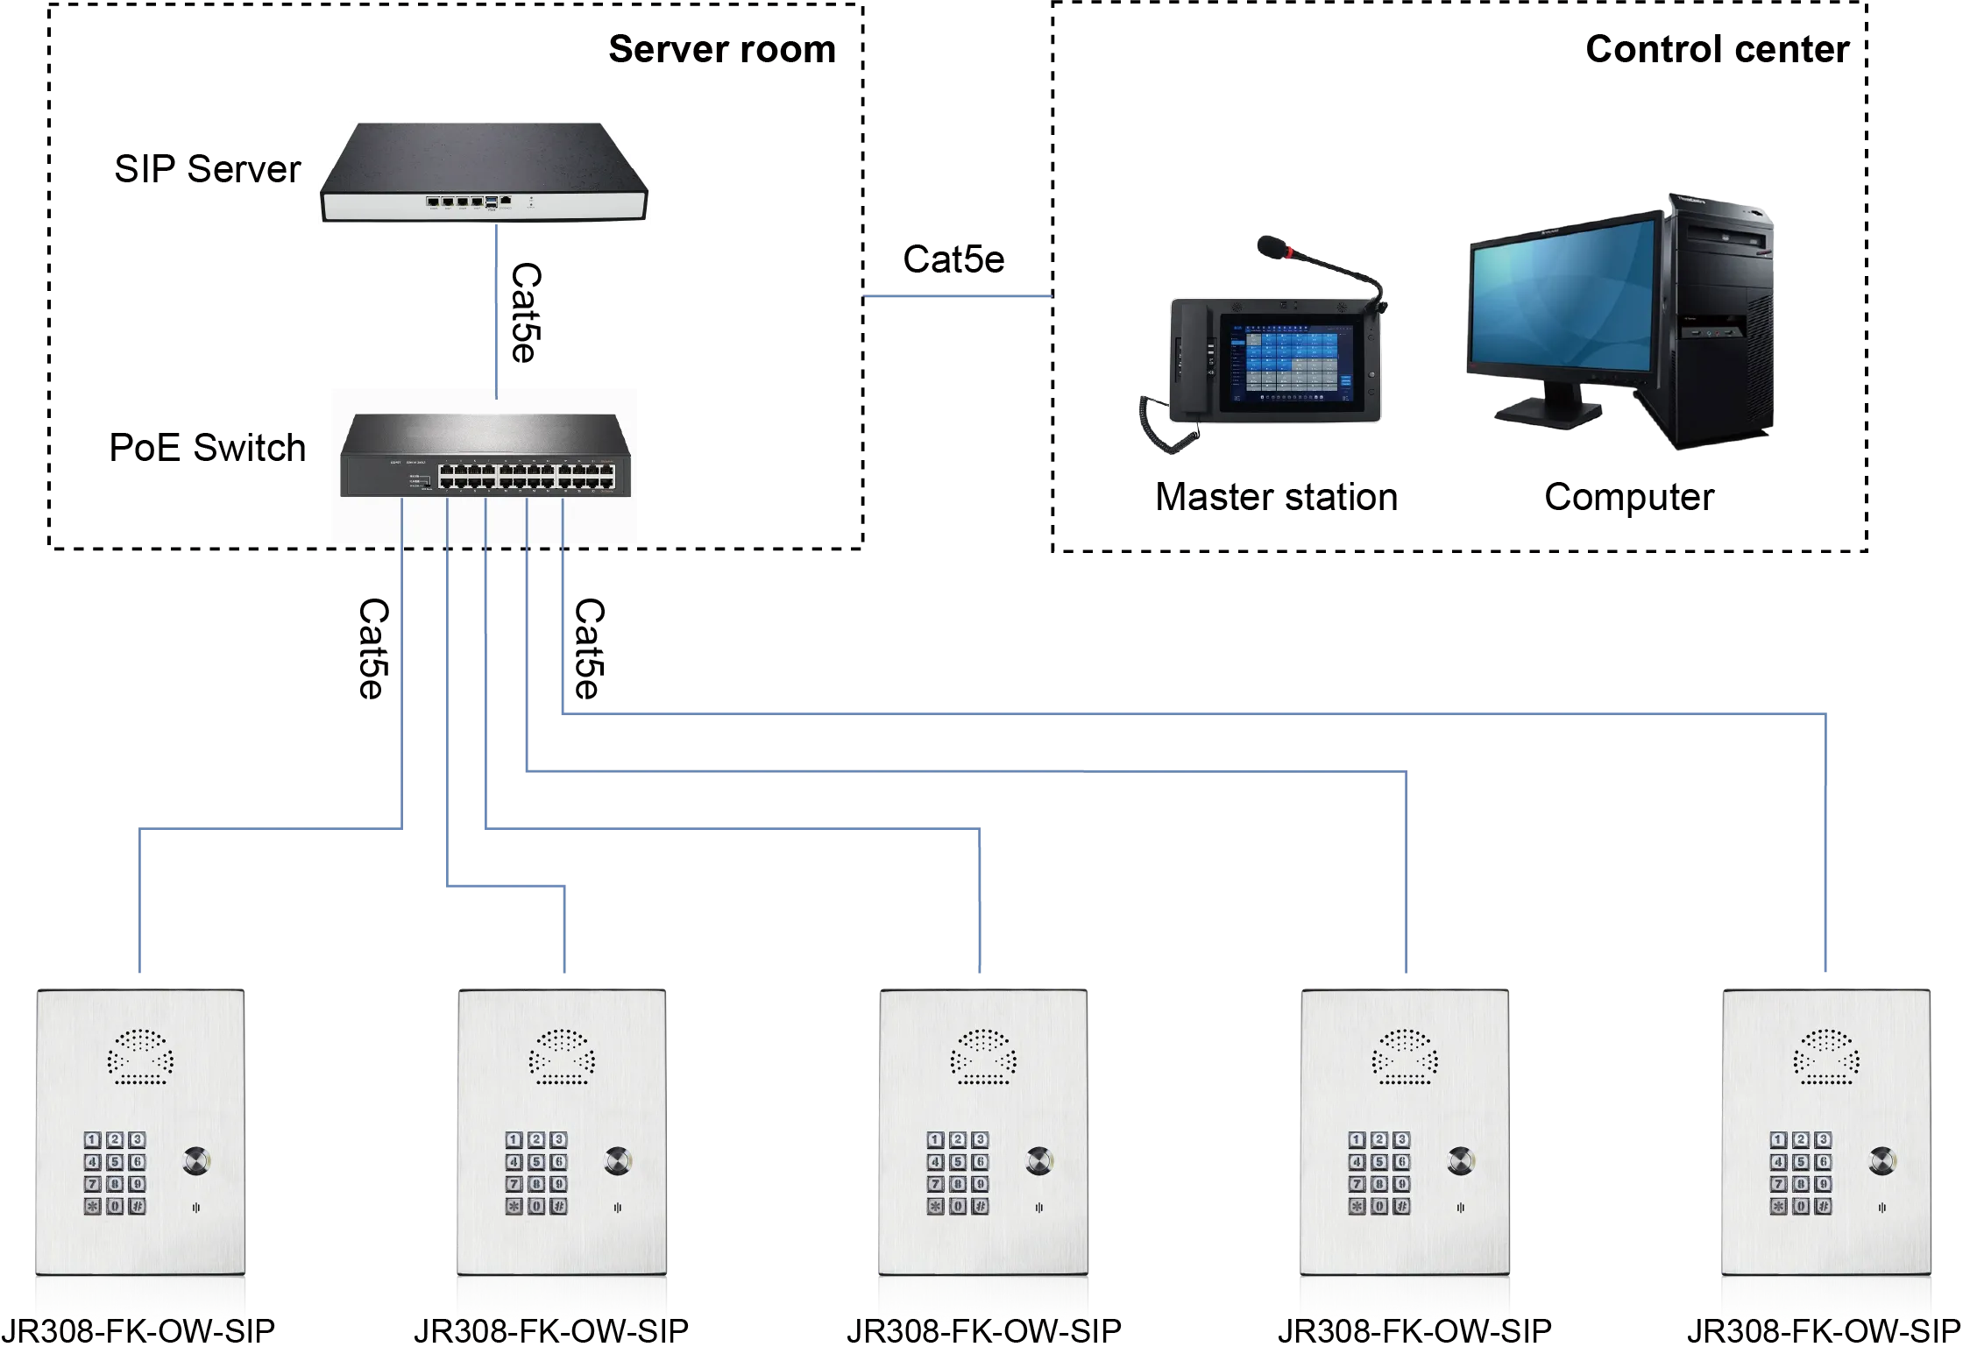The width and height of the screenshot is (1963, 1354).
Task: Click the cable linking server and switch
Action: (x=497, y=307)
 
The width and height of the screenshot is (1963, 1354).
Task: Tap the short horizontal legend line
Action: (x=960, y=298)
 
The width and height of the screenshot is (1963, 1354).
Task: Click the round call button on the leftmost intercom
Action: (x=196, y=1161)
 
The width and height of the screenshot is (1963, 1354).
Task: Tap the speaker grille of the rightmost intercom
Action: (x=1825, y=1056)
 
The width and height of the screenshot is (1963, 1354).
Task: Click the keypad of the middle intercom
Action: (x=958, y=1173)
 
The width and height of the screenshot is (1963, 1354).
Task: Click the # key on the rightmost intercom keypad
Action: (x=1824, y=1207)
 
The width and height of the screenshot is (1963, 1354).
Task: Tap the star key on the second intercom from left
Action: (x=514, y=1207)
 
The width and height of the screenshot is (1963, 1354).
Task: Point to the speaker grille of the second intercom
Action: (x=562, y=1056)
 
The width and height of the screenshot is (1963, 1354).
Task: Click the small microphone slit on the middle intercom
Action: (x=1038, y=1207)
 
